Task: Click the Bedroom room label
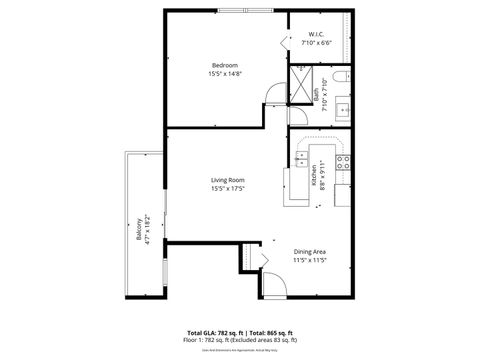click(x=224, y=65)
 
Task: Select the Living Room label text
click(x=228, y=180)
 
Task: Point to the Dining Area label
click(x=311, y=251)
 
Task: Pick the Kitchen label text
click(x=314, y=176)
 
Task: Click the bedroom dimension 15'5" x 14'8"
click(x=224, y=74)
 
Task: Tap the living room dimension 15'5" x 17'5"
click(x=228, y=189)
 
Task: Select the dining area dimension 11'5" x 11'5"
click(x=311, y=260)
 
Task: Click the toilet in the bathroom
click(x=340, y=76)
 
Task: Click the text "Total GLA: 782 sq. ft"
click(x=215, y=331)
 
